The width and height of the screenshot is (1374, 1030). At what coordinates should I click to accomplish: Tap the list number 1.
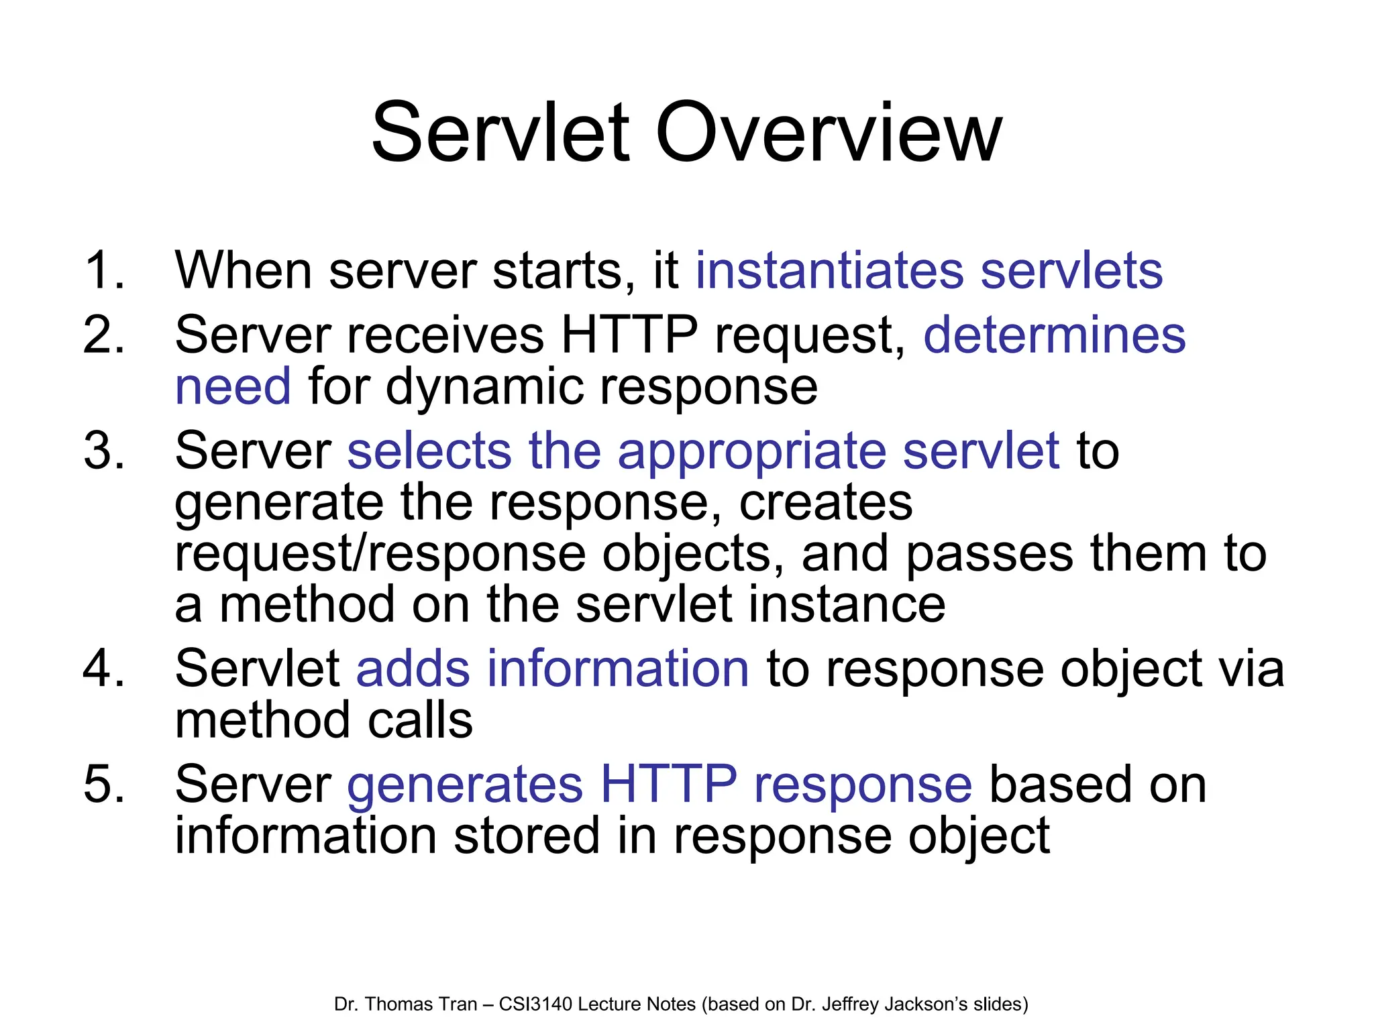[x=103, y=270]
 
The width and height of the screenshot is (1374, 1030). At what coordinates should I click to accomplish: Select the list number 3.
[x=104, y=450]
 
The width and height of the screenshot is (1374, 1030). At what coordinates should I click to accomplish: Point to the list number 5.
[x=104, y=784]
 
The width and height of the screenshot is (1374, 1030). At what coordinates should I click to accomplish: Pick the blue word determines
[x=1054, y=335]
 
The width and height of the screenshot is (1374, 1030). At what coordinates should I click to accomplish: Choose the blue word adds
[x=413, y=669]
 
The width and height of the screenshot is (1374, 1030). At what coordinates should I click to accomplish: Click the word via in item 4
[x=1251, y=669]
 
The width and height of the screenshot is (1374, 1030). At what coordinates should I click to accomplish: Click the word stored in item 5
[x=527, y=836]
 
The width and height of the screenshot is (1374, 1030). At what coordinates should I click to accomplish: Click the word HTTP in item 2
[x=629, y=335]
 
